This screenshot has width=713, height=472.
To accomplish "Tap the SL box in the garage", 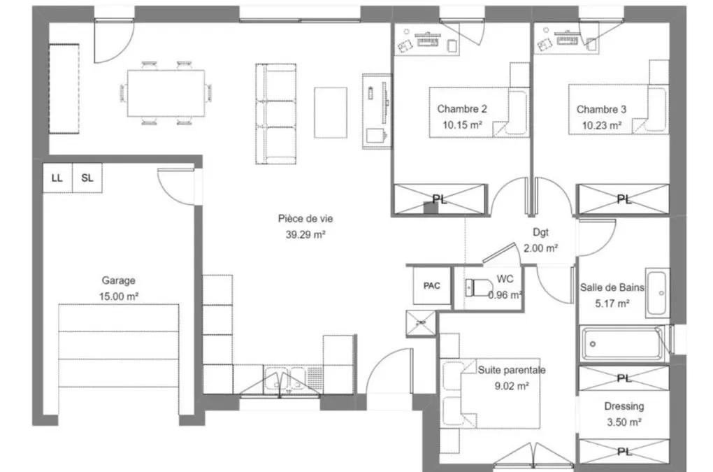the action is [x=87, y=178].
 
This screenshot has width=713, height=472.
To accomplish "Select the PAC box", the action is [x=431, y=285].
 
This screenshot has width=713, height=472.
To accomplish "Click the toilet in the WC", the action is [x=478, y=287].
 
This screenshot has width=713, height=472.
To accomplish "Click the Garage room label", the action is [x=118, y=280].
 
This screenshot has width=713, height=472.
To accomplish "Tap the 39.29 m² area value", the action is [x=305, y=235].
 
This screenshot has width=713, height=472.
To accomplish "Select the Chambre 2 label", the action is [x=462, y=109].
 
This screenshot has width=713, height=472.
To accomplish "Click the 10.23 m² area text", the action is [x=602, y=125].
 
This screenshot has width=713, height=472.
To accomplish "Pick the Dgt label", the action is [x=540, y=232].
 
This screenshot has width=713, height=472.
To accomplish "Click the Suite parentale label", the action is [x=512, y=370].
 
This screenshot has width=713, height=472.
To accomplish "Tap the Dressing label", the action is [x=624, y=406].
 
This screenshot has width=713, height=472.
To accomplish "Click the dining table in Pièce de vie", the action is [x=166, y=93].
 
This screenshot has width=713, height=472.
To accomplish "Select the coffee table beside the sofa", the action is [x=331, y=113].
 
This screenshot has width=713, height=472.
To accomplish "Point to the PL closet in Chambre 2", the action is [x=439, y=199].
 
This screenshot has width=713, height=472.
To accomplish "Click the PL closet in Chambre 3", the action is [x=624, y=199].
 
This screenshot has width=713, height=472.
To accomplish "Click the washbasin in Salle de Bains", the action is [x=656, y=293].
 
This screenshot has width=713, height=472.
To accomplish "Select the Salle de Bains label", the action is [x=612, y=287].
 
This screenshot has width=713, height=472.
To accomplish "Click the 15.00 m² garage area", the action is [x=119, y=296].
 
